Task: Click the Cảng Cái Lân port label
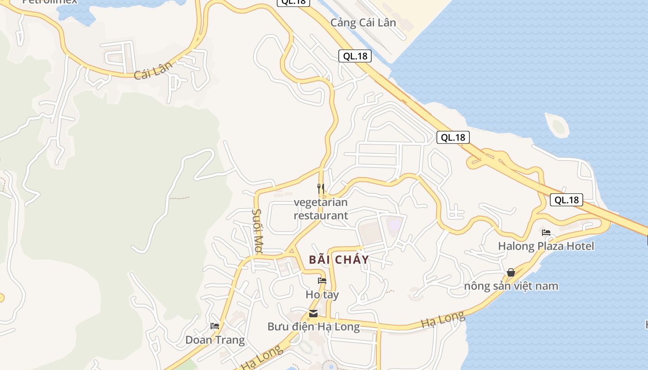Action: pos(363,23)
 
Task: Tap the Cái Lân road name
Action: pos(153,70)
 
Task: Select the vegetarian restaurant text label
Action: pos(321,209)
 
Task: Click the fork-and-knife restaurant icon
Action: pos(320,189)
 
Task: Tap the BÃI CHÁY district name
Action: pos(339,259)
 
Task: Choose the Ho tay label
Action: pos(322,295)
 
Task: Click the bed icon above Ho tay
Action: pos(322,281)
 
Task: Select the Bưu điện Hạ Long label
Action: pos(313,327)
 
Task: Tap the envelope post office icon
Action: pos(313,314)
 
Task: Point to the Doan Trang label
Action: pos(215,340)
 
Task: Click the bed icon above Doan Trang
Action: pos(215,326)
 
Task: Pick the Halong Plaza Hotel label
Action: pos(546,246)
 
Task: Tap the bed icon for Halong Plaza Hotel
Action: pos(546,232)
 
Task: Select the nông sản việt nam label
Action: pos(511,286)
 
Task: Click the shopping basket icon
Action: pos(511,272)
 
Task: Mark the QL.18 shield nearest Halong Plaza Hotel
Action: pos(566,200)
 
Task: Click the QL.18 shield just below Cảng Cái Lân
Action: pos(355,56)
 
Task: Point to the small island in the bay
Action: pos(557,124)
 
